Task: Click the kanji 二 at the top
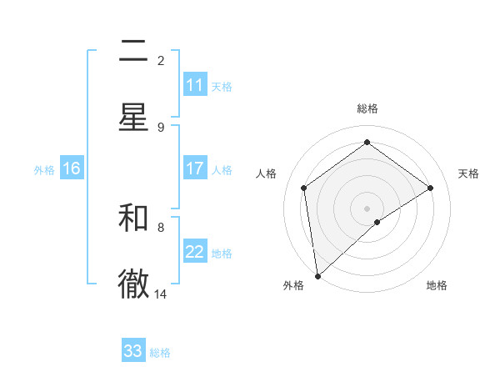(x=133, y=52)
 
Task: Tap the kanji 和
(x=133, y=218)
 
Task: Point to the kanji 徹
(x=133, y=284)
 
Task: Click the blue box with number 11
(x=195, y=85)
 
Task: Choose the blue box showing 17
(x=195, y=168)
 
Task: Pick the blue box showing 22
(x=195, y=252)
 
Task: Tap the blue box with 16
(x=72, y=168)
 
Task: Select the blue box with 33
(x=133, y=351)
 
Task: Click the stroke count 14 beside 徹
(x=161, y=294)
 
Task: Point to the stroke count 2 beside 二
(x=161, y=60)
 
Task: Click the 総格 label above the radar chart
(x=367, y=108)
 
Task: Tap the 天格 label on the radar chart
(x=468, y=173)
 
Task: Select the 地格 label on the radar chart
(x=437, y=285)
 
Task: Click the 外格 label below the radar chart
(x=293, y=285)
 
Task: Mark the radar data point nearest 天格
(x=430, y=188)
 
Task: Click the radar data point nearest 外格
(x=317, y=275)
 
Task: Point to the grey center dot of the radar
(x=367, y=208)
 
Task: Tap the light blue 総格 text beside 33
(x=160, y=353)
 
